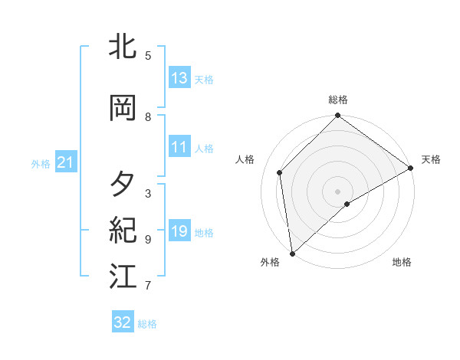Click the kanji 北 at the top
pos(123,47)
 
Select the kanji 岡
pos(123,109)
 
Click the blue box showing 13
pos(179,78)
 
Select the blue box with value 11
pos(179,147)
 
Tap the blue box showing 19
pos(179,231)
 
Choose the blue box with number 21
pos(65,162)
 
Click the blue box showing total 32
pos(123,322)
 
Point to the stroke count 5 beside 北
pos(148,56)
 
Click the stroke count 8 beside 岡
pos(148,117)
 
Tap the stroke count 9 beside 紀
pos(148,240)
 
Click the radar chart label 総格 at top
pos(338,100)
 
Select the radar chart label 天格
pos(431,159)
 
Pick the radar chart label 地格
pos(402,263)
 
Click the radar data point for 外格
pos(292,254)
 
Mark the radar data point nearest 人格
pos(280,172)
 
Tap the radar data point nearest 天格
pos(411,168)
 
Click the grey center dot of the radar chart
pos(338,191)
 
